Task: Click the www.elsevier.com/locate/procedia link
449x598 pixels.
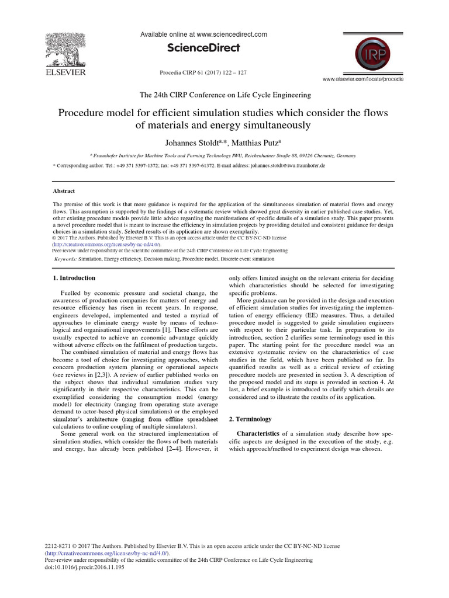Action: click(362, 79)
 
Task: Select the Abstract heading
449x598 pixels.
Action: click(64, 190)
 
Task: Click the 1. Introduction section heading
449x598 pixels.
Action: click(74, 278)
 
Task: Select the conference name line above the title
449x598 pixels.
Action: click(224, 95)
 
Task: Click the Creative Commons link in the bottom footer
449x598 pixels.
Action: click(106, 553)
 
